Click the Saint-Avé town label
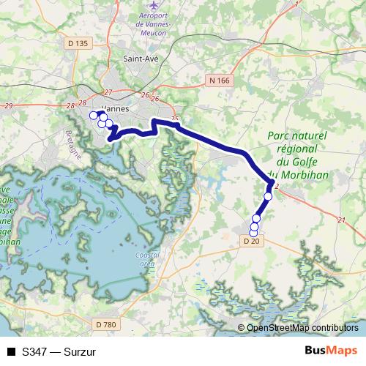[x=141, y=59]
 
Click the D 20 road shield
[x=250, y=240]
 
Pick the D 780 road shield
[x=106, y=324]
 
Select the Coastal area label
[x=146, y=258]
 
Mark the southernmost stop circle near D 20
[x=253, y=234]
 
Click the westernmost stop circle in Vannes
[x=93, y=116]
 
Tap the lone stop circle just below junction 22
[x=268, y=196]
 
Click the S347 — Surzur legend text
[x=59, y=351]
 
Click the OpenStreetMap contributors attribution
[x=302, y=328]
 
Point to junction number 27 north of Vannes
[x=108, y=92]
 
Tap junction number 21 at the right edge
[x=341, y=220]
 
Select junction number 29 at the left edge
[x=8, y=106]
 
